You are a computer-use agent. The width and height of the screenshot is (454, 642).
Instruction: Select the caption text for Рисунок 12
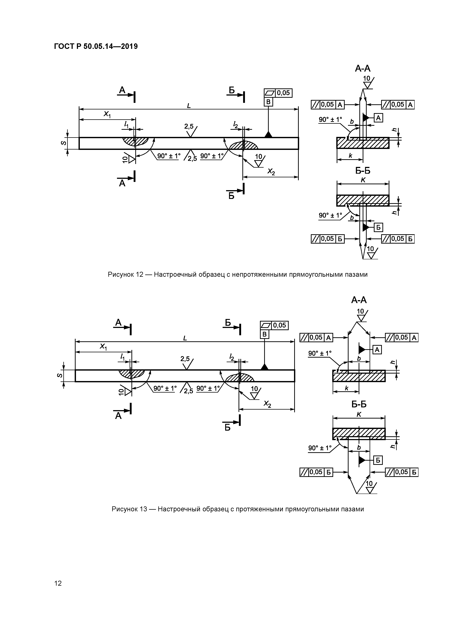pyautogui.click(x=237, y=275)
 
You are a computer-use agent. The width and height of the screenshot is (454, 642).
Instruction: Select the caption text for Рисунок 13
pyautogui.click(x=237, y=509)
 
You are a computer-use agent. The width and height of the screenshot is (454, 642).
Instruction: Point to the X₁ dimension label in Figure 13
pyautogui.click(x=103, y=347)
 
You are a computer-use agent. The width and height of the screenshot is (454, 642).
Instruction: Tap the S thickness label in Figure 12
pyautogui.click(x=64, y=143)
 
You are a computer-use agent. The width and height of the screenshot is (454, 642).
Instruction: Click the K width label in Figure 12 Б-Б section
pyautogui.click(x=363, y=180)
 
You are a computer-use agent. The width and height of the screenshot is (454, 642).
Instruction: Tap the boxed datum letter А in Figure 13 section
pyautogui.click(x=377, y=350)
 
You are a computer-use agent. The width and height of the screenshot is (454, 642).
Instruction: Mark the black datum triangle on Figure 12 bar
pyautogui.click(x=268, y=135)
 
